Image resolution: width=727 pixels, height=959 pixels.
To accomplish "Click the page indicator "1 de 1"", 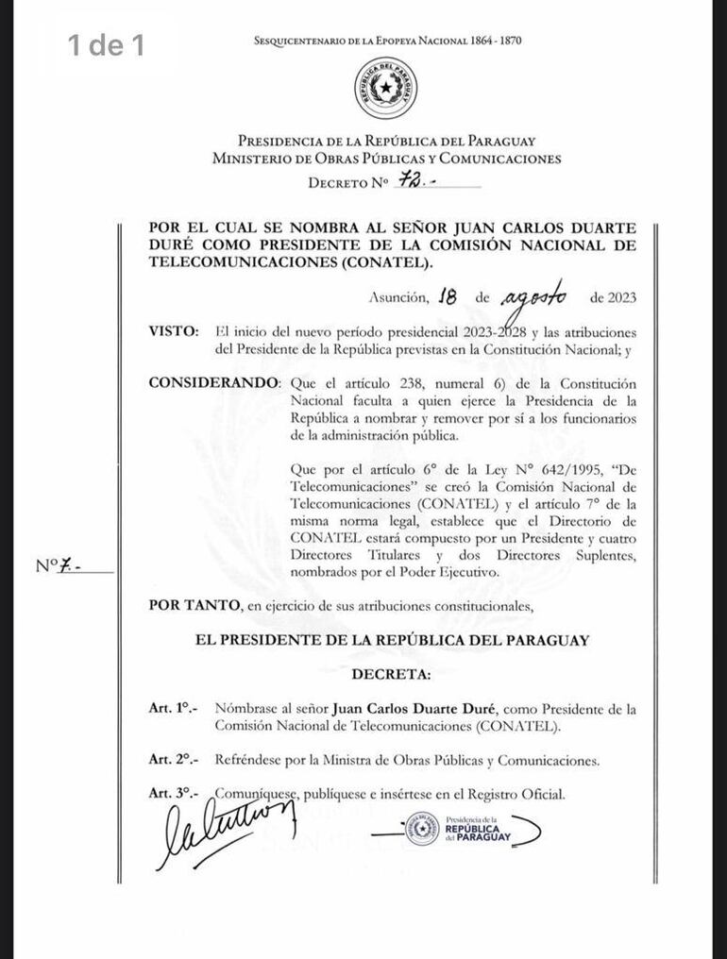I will tap(106, 44).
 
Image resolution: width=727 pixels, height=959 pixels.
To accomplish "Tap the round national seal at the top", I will tap(385, 88).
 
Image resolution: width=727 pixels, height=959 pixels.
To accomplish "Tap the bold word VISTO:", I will tap(174, 332).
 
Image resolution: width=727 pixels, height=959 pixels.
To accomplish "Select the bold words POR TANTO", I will tap(184, 605).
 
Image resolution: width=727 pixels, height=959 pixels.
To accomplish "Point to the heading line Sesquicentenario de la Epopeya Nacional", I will tap(387, 41).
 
